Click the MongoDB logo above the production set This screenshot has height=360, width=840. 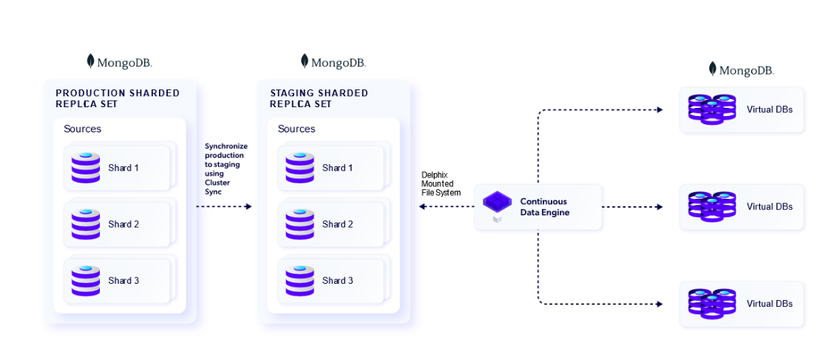[x=120, y=62]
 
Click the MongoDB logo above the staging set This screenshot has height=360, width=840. [x=333, y=62]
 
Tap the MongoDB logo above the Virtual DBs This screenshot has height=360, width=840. [x=742, y=70]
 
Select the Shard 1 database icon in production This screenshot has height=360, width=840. [x=86, y=168]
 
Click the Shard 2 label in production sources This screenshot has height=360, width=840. [x=123, y=224]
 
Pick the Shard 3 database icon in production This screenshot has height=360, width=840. [x=86, y=281]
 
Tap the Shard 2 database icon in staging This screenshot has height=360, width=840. [x=299, y=224]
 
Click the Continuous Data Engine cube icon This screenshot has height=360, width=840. [x=497, y=203]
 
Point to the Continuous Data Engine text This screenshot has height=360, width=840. [x=545, y=207]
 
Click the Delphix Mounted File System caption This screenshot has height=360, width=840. [x=441, y=183]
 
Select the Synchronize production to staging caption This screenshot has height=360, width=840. [x=226, y=169]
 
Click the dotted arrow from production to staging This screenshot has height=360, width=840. [x=224, y=207]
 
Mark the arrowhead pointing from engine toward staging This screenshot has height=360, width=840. [x=422, y=207]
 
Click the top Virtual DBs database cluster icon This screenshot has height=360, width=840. [x=712, y=109]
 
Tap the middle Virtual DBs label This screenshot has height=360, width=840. [x=769, y=207]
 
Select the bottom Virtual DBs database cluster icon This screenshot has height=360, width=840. [x=712, y=303]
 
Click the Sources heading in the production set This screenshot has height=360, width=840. [x=82, y=129]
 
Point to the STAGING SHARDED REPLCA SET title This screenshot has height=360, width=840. [x=319, y=98]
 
